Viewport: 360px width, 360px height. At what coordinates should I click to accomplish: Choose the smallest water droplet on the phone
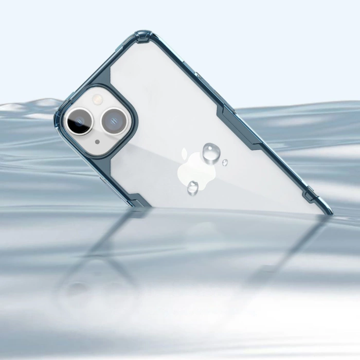click(x=225, y=163)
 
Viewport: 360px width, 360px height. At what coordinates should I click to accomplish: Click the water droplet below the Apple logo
click(x=193, y=187)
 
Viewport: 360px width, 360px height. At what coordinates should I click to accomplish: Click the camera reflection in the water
click(x=87, y=288)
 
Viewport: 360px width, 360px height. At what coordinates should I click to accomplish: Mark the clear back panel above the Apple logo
click(x=175, y=103)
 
